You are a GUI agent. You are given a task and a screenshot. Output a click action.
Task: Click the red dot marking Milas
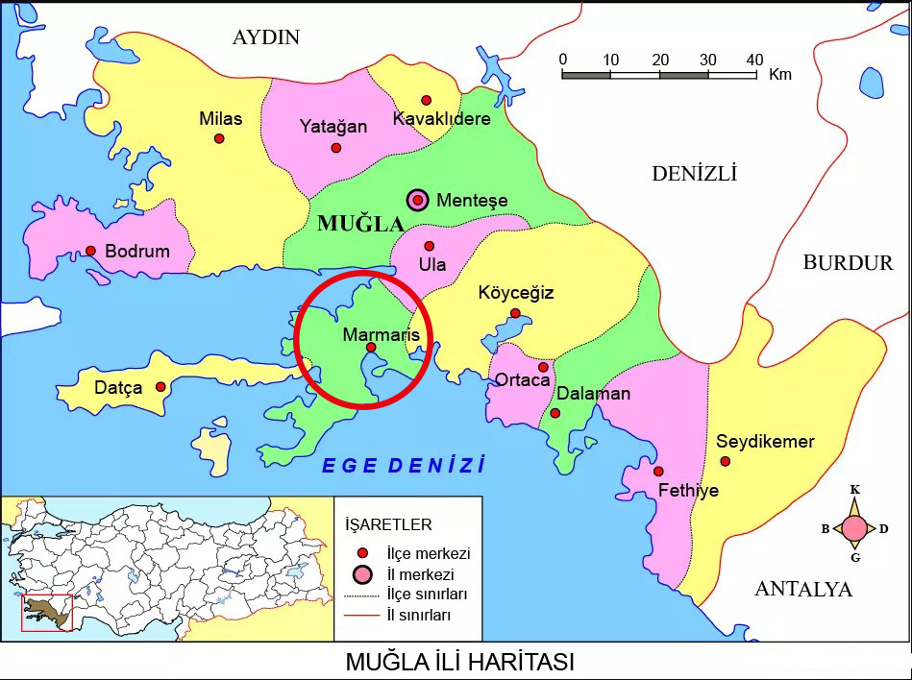219,138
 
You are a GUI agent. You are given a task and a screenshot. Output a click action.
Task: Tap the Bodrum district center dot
90,251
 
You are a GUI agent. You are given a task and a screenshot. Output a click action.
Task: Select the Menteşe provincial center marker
417,200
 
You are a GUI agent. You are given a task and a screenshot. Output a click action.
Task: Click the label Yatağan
333,127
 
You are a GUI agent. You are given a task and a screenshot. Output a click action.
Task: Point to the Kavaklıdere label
442,119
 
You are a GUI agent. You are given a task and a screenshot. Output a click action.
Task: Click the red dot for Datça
160,387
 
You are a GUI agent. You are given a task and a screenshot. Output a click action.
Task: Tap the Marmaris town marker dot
371,348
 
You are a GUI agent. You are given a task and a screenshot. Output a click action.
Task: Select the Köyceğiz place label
516,293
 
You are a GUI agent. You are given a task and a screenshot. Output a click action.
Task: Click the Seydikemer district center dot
725,462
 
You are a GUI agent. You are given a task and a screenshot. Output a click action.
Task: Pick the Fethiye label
688,491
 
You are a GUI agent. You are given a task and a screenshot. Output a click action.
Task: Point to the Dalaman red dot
555,413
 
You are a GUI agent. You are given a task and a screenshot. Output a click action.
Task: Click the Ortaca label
522,380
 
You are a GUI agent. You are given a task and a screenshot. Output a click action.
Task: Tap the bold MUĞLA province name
360,225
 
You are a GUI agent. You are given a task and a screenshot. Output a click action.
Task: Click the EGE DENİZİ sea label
404,466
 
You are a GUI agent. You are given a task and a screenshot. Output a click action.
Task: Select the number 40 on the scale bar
754,60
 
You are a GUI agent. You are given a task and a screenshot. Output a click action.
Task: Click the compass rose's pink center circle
854,528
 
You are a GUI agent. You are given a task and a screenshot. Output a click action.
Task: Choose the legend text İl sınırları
418,615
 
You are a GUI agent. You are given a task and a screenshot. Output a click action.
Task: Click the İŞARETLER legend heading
388,524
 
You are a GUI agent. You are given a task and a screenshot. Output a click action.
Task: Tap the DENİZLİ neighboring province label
694,174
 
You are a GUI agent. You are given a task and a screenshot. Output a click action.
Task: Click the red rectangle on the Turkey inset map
47,613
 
